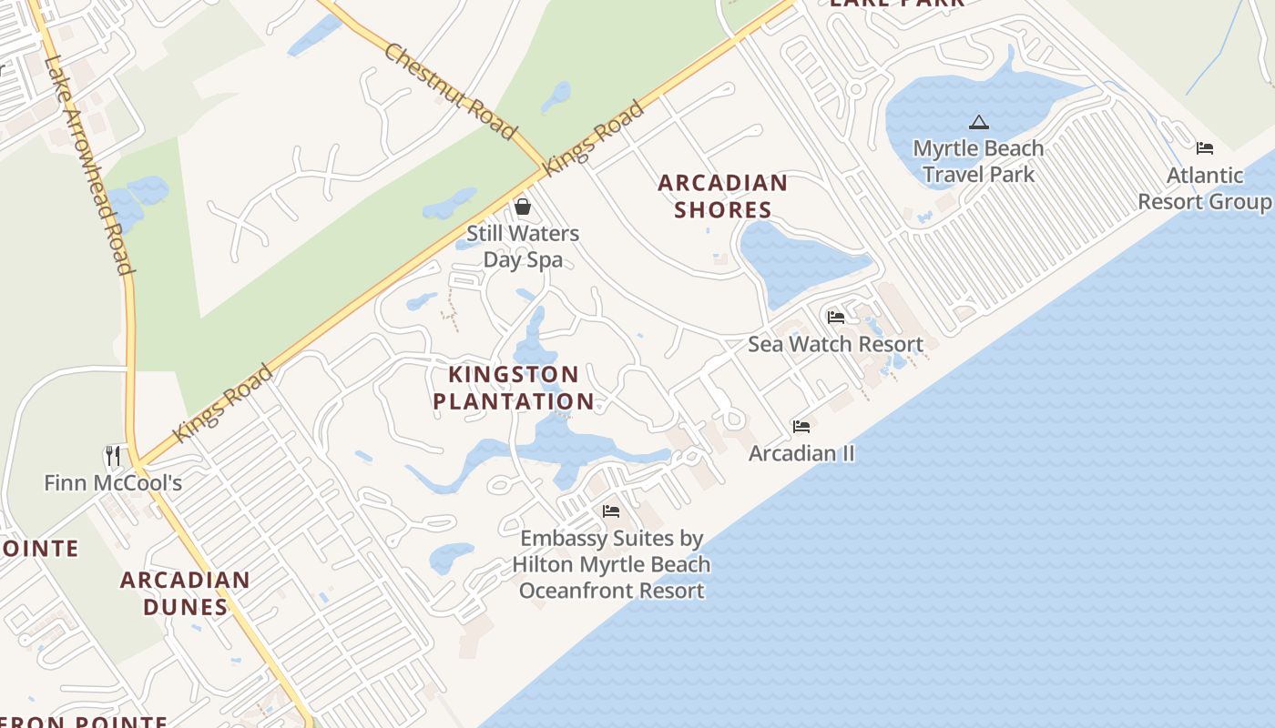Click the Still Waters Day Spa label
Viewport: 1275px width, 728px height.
[x=522, y=247]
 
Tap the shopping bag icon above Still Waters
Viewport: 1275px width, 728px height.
[x=522, y=207]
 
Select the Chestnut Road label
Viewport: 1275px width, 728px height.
[x=450, y=90]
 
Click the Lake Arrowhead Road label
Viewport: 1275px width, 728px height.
[x=89, y=164]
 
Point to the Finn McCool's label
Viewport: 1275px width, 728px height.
[x=113, y=483]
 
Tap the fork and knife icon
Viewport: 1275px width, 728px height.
[x=113, y=455]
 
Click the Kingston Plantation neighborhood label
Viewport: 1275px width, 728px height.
[x=514, y=388]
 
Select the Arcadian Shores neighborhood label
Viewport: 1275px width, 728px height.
[x=723, y=196]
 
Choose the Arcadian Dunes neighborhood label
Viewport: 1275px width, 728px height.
[x=185, y=593]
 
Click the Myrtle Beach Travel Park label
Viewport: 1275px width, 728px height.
[x=978, y=161]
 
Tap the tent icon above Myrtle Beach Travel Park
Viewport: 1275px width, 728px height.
[x=978, y=122]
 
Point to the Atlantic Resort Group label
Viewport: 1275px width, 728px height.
[x=1204, y=188]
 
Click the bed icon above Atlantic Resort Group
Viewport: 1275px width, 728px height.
[x=1205, y=148]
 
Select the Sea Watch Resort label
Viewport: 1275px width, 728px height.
[x=835, y=344]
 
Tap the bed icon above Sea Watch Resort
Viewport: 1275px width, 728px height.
[x=835, y=318]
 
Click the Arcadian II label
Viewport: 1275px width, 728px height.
[x=801, y=453]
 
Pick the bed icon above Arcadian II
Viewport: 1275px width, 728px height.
[x=801, y=426]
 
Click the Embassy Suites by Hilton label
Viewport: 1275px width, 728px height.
[x=611, y=564]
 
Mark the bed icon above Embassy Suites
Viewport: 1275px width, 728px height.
[x=611, y=511]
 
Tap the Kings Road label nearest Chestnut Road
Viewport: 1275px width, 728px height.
[x=594, y=137]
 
